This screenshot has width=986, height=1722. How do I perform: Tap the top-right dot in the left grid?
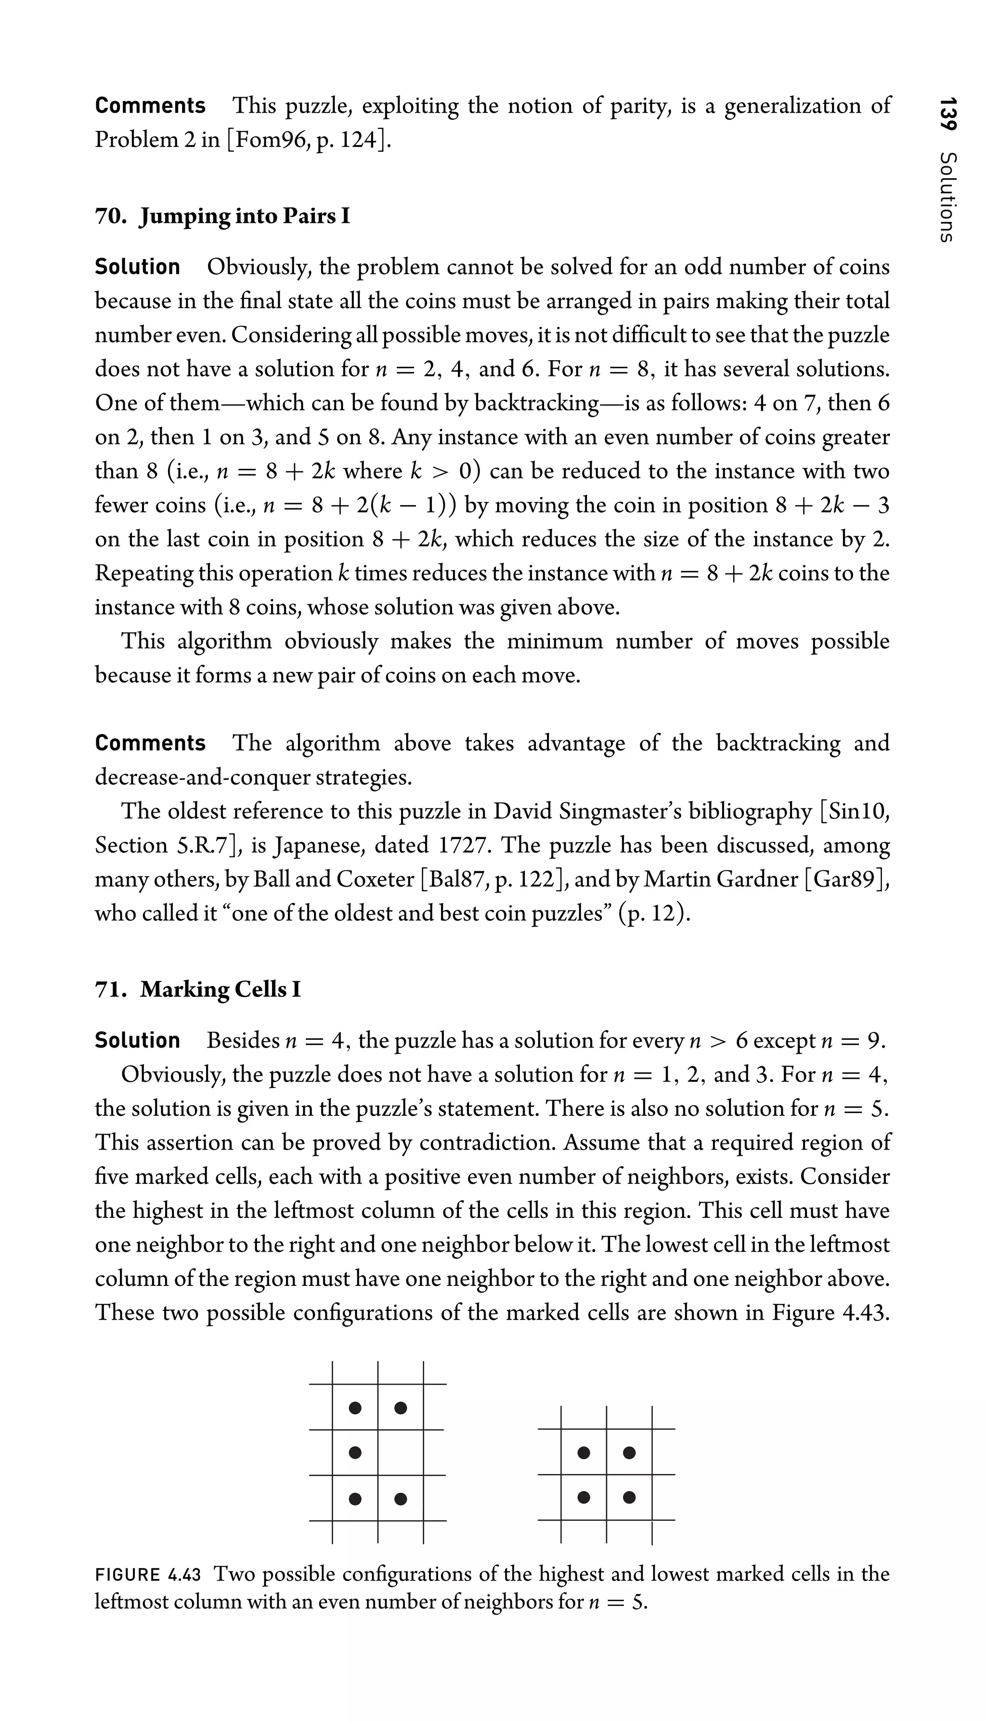[400, 1408]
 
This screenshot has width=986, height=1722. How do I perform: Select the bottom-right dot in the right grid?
[629, 1497]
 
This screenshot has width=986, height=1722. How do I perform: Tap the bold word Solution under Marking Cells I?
[138, 1040]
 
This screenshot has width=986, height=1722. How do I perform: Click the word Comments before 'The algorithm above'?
[150, 743]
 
